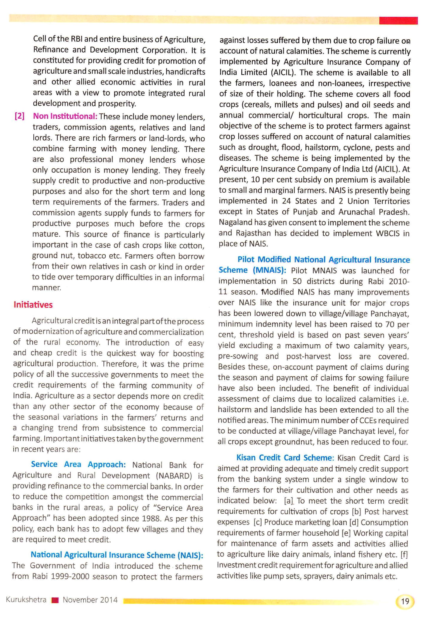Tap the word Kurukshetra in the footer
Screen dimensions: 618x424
pyautogui.click(x=26, y=600)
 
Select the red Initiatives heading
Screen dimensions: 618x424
pyautogui.click(x=33, y=305)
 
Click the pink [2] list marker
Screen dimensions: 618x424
pyautogui.click(x=19, y=116)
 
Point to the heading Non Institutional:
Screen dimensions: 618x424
pyautogui.click(x=65, y=116)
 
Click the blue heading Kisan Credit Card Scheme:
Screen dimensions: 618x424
pyautogui.click(x=285, y=458)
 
